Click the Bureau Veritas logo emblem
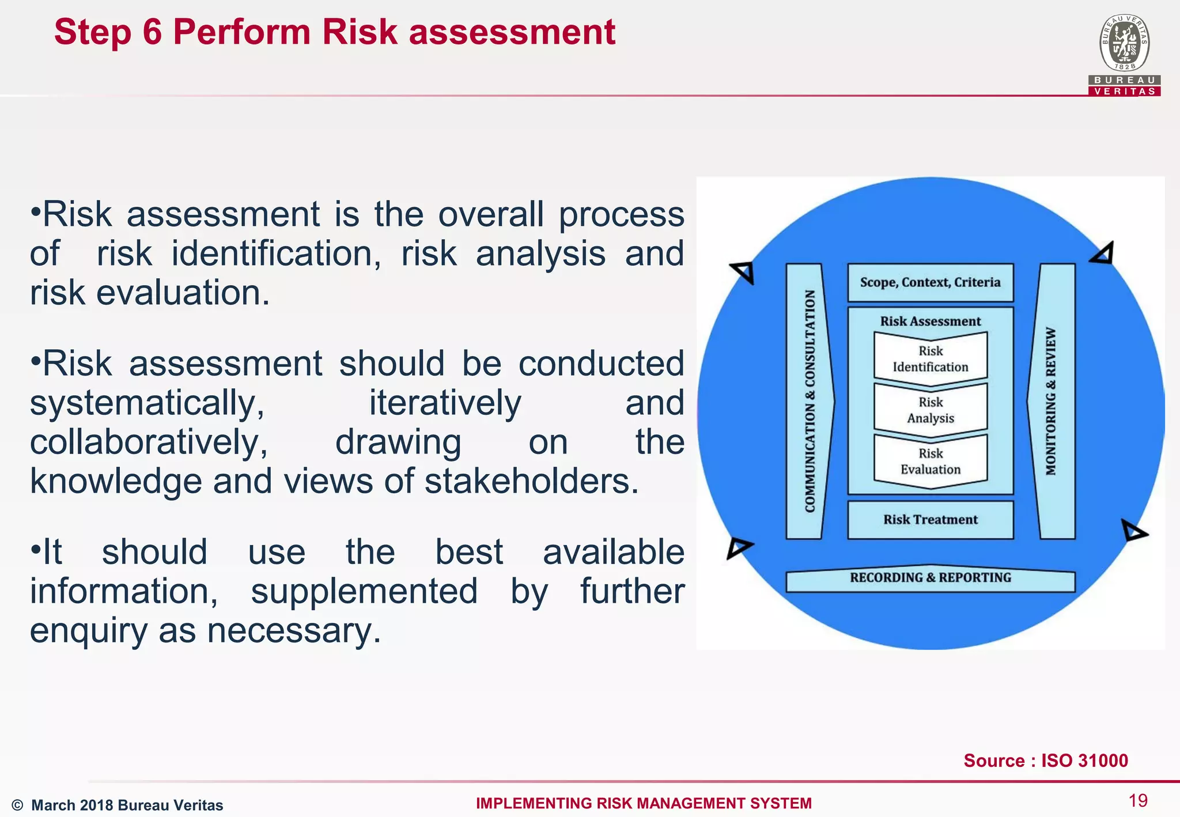[1124, 44]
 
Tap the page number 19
[1138, 800]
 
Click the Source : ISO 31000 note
[1046, 761]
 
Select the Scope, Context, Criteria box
[930, 282]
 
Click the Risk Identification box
[931, 359]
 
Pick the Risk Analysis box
[931, 410]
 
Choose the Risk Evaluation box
[931, 462]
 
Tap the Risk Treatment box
[930, 520]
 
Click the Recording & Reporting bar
[930, 578]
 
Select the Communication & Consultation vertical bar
[808, 402]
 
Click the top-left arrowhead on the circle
[743, 271]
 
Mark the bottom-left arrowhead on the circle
[738, 547]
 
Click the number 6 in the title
[152, 32]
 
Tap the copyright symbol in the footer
[17, 805]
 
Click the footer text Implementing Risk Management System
[644, 803]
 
